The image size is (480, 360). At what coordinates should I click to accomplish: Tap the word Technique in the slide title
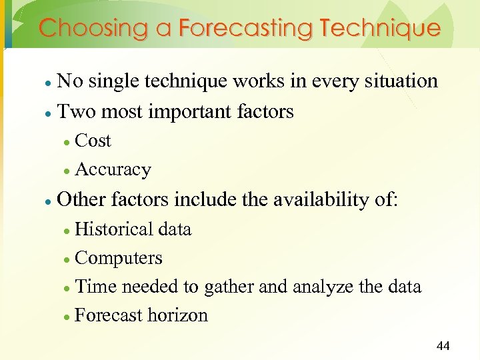(x=380, y=29)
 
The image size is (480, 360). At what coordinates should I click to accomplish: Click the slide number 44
(x=443, y=345)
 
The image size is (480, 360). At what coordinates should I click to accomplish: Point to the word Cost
(x=93, y=141)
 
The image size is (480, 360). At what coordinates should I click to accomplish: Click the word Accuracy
(x=113, y=170)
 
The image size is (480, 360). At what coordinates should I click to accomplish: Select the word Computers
(x=119, y=258)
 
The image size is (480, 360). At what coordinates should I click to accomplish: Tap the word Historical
(x=114, y=229)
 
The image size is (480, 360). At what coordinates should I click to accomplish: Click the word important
(x=190, y=111)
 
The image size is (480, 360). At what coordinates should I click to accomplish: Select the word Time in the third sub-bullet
(x=94, y=287)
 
